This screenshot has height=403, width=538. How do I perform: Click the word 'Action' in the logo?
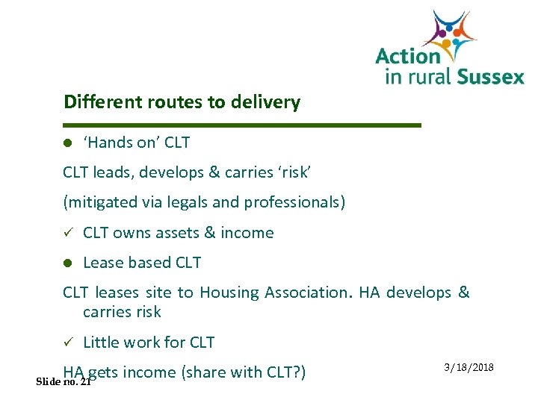[x=408, y=57]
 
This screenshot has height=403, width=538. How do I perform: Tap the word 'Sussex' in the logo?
[x=489, y=76]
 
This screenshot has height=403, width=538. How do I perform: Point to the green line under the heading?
[x=242, y=125]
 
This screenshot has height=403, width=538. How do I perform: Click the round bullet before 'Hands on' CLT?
[x=67, y=143]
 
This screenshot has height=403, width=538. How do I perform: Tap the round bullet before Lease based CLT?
[x=67, y=263]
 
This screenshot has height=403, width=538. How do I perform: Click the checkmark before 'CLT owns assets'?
[x=67, y=233]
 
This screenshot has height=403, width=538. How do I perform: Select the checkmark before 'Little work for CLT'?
[x=67, y=343]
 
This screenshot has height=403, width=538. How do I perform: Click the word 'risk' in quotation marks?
[x=293, y=172]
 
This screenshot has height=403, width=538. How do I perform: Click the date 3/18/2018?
[x=469, y=368]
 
